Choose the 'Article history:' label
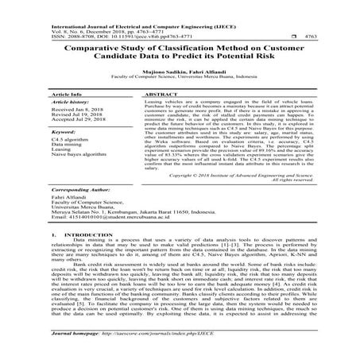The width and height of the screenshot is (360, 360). (72, 104)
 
